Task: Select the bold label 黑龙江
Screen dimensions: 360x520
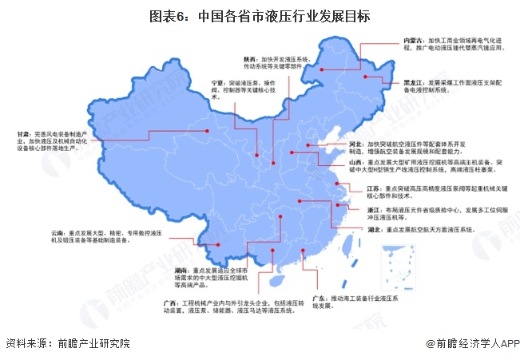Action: click(x=412, y=82)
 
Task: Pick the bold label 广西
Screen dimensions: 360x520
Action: click(x=170, y=303)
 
